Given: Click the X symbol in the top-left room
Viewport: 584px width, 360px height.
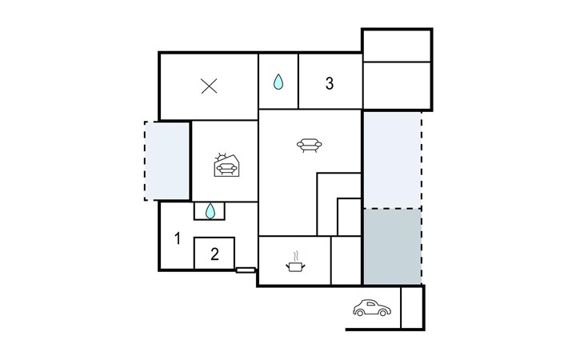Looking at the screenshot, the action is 209,86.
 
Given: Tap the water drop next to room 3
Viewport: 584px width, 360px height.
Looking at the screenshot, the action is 278,82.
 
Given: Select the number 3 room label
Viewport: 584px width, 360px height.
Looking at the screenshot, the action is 330,83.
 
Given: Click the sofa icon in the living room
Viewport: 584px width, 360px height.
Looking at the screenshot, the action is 309,145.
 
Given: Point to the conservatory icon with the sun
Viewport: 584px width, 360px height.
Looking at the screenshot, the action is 226,165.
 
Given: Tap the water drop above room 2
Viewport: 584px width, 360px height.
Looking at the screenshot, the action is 210,210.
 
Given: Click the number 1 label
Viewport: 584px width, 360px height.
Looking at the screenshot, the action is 178,238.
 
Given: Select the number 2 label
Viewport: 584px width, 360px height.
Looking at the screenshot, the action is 214,254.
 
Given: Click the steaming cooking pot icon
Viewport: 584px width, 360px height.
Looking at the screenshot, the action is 295,262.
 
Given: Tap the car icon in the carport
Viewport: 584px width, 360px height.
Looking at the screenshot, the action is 372,307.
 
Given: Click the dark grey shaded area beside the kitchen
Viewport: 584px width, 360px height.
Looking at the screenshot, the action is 392,246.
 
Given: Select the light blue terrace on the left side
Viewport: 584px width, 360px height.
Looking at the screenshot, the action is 167,161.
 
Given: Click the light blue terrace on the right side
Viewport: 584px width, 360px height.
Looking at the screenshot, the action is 392,160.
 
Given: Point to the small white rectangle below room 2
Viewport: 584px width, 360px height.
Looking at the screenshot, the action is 246,270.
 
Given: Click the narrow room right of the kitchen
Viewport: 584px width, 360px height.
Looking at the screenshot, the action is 346,260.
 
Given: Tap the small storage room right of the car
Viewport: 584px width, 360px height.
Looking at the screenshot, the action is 411,307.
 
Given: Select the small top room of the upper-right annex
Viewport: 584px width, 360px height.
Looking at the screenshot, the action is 397,46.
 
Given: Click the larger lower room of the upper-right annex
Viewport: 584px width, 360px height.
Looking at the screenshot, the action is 397,86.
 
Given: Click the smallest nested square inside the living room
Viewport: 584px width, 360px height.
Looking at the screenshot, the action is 349,217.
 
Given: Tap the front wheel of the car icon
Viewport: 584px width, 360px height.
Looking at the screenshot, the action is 383,313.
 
